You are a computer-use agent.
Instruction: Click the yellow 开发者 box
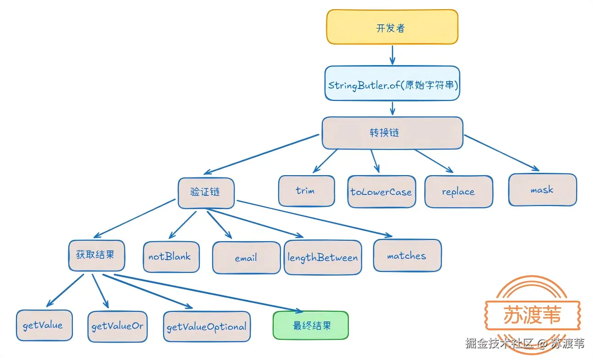(x=392, y=27)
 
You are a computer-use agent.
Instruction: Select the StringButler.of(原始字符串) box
(x=392, y=83)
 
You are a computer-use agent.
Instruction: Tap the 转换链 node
(x=392, y=133)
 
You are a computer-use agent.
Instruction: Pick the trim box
(x=306, y=191)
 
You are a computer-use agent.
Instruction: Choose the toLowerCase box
(x=381, y=192)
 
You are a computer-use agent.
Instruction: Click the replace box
(x=458, y=192)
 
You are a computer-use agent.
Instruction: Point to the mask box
(x=542, y=189)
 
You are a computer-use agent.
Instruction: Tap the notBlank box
(x=171, y=257)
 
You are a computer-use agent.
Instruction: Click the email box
(x=246, y=258)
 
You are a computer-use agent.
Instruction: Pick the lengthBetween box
(x=323, y=257)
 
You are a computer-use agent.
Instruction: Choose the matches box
(x=407, y=255)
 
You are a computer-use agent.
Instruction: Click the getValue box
(x=44, y=325)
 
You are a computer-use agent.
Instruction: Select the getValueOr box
(x=117, y=327)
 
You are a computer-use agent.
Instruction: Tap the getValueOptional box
(x=207, y=327)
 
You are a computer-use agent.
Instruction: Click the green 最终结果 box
(x=311, y=325)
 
